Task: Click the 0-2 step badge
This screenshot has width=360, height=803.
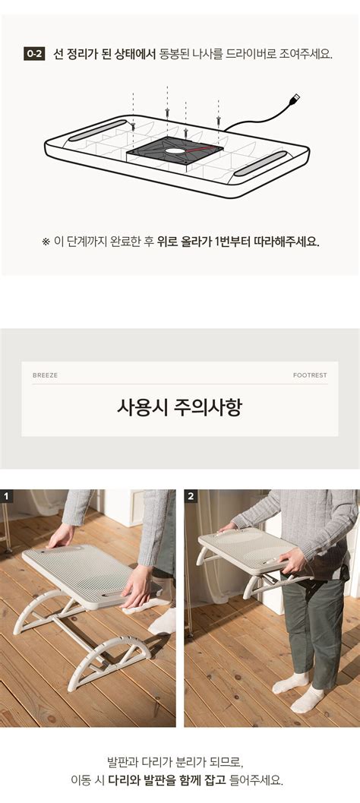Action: [34, 53]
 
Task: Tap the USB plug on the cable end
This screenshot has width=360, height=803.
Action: [294, 98]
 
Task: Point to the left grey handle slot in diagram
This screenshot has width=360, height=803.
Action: [97, 130]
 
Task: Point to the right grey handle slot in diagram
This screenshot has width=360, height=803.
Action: [261, 163]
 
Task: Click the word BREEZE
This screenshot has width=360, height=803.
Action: [45, 375]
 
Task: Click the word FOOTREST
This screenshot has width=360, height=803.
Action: [310, 375]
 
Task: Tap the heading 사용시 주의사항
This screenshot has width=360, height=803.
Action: [179, 408]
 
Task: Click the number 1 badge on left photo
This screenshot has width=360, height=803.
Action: [7, 496]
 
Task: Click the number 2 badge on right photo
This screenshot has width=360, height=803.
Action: [191, 496]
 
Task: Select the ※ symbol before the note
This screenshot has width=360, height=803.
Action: [46, 242]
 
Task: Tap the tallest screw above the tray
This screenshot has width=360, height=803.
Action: [167, 111]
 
